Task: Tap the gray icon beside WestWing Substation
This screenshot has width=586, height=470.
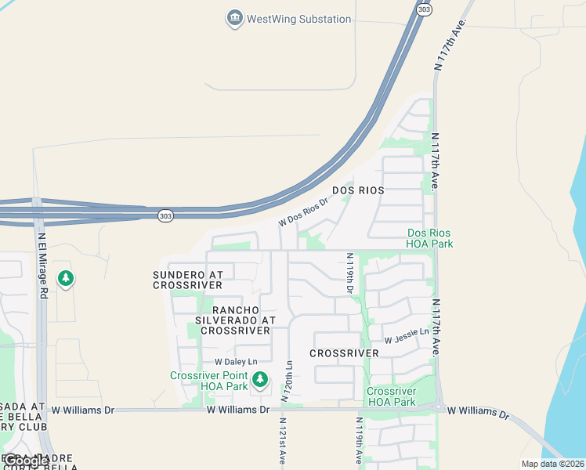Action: [x=233, y=18]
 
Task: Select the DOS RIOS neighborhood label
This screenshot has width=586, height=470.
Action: [x=358, y=190]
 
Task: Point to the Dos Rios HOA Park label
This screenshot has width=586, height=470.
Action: [x=430, y=238]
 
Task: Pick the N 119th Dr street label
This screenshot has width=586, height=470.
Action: [x=349, y=273]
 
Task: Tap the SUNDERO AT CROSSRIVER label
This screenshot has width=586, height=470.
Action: [x=188, y=280]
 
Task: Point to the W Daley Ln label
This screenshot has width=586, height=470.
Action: [x=236, y=362]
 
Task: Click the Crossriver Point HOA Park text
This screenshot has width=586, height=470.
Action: [x=208, y=381]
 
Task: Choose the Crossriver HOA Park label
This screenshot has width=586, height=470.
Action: [x=391, y=396]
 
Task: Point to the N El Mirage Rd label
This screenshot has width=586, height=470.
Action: [x=43, y=264]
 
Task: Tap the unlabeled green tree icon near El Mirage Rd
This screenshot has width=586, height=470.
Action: [x=66, y=278]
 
